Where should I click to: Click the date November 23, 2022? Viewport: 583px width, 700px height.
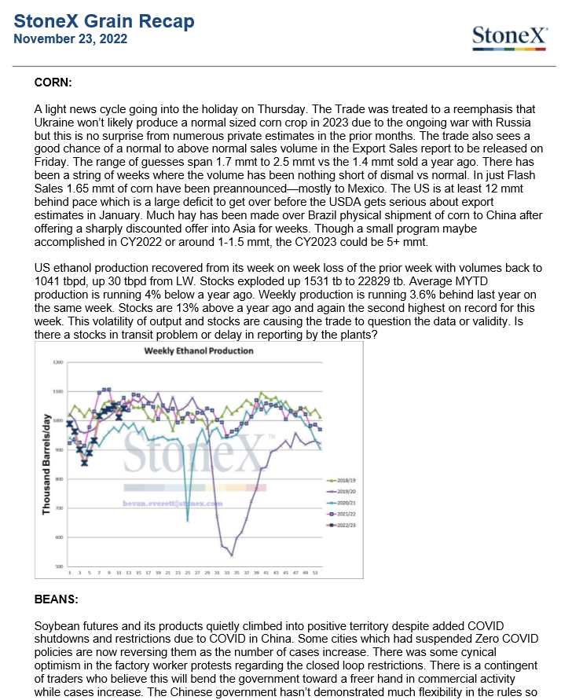pyautogui.click(x=71, y=38)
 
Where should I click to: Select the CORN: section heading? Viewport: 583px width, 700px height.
pyautogui.click(x=53, y=81)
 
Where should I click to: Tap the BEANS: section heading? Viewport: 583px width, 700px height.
pyautogui.click(x=56, y=599)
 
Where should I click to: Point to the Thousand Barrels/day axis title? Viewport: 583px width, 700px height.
pyautogui.click(x=46, y=465)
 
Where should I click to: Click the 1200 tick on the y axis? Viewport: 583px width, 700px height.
pyautogui.click(x=57, y=362)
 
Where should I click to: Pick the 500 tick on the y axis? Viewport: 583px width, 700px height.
pyautogui.click(x=57, y=566)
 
